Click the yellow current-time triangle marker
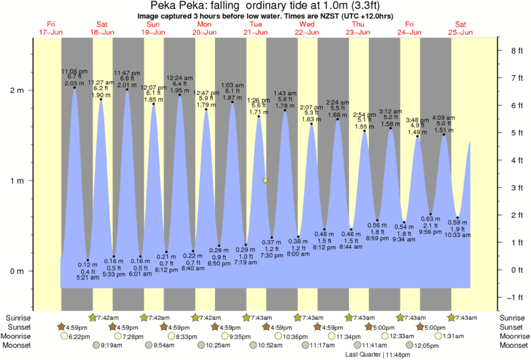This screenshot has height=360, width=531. click(x=266, y=181)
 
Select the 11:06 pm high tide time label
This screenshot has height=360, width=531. click(x=74, y=71)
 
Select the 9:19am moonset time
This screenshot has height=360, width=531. click(x=112, y=346)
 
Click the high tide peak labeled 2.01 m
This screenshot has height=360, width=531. click(x=127, y=90)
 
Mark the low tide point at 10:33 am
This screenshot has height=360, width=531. click(x=457, y=217)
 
